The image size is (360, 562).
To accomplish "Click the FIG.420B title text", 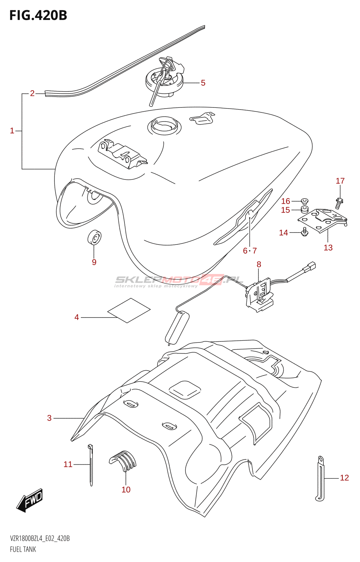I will pyautogui.click(x=38, y=15).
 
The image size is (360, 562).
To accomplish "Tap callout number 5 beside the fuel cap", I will pyautogui.click(x=203, y=83).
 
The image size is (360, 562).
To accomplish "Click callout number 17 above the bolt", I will pyautogui.click(x=340, y=181).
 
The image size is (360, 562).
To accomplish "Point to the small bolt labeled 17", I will pyautogui.click(x=339, y=203).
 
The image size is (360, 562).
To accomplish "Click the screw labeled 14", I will pyautogui.click(x=305, y=232).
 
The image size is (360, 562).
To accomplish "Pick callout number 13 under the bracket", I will pyautogui.click(x=328, y=248).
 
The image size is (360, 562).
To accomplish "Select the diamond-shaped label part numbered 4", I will pyautogui.click(x=129, y=310).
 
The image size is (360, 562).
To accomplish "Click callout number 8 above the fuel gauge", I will pyautogui.click(x=259, y=264).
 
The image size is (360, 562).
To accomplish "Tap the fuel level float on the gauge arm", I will pyautogui.click(x=177, y=328).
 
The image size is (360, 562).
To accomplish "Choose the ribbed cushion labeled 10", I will pyautogui.click(x=123, y=460).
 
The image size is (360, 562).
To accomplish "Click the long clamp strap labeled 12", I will pyautogui.click(x=320, y=478).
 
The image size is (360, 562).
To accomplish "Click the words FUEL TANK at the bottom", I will pyautogui.click(x=23, y=549).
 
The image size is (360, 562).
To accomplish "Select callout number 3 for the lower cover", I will pyautogui.click(x=49, y=418).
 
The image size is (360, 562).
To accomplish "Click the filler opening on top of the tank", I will pyautogui.click(x=164, y=125).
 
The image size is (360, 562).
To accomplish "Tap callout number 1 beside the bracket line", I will pyautogui.click(x=12, y=131).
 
